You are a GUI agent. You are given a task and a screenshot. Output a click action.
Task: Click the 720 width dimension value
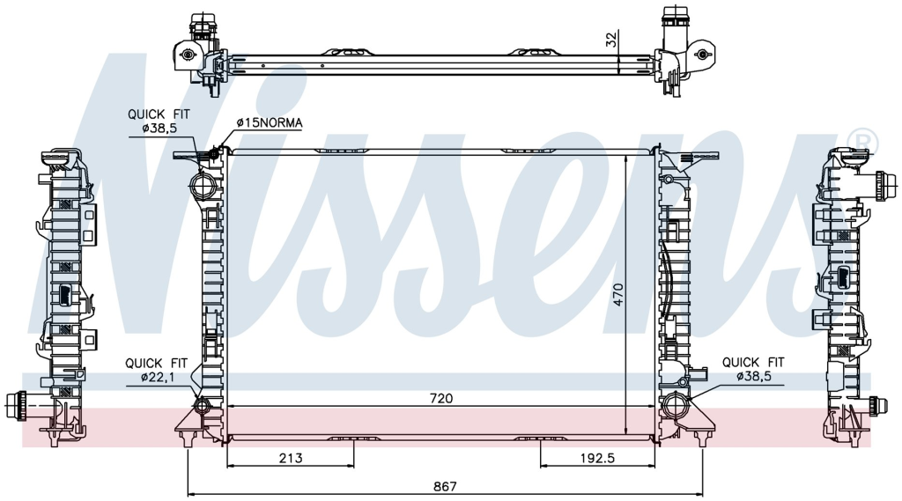(x=441, y=398)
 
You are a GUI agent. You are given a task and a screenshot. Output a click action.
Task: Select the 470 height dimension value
(x=617, y=294)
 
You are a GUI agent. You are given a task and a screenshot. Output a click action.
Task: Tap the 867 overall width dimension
(x=445, y=486)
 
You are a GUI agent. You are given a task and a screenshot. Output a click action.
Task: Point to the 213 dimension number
(x=291, y=458)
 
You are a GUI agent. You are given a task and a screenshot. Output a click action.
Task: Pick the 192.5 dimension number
(x=597, y=458)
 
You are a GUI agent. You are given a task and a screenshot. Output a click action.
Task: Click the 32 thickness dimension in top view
(x=611, y=39)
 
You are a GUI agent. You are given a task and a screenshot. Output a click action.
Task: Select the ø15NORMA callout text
(x=270, y=122)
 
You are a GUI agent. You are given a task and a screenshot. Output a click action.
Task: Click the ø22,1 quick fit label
(x=157, y=378)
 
